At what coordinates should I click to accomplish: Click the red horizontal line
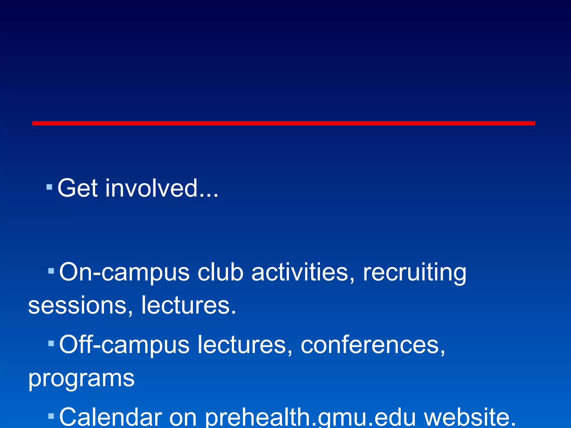[x=284, y=123]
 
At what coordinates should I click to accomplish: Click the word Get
[x=78, y=188]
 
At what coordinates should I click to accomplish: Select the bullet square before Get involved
[x=49, y=187]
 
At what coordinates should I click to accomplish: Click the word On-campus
[x=124, y=273]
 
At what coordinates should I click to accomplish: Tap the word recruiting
[x=414, y=273]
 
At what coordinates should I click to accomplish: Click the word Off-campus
[x=124, y=345]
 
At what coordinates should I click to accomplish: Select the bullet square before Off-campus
[x=51, y=343]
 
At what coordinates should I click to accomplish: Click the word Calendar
[x=111, y=417]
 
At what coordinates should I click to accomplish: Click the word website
[x=470, y=417]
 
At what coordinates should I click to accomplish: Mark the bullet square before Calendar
[x=51, y=416]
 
